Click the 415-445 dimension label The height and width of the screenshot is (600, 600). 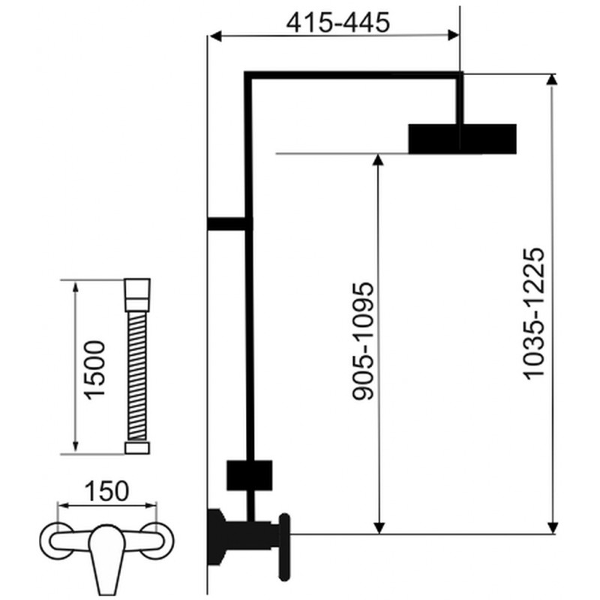pyautogui.click(x=338, y=22)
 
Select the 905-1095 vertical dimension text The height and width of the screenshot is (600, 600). pyautogui.click(x=362, y=341)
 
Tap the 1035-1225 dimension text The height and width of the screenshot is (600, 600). pyautogui.click(x=533, y=313)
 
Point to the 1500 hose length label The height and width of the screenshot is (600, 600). pyautogui.click(x=94, y=370)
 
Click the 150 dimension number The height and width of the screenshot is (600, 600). pyautogui.click(x=106, y=491)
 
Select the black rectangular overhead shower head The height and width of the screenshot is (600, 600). pyautogui.click(x=462, y=139)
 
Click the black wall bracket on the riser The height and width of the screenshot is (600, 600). pyautogui.click(x=229, y=223)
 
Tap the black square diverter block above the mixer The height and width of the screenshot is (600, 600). pyautogui.click(x=250, y=475)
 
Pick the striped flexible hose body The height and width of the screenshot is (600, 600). pyautogui.click(x=137, y=375)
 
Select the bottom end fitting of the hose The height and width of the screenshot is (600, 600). pyautogui.click(x=137, y=448)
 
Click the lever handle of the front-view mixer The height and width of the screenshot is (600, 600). pyautogui.click(x=106, y=559)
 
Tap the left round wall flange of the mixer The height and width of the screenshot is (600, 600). pyautogui.click(x=57, y=540)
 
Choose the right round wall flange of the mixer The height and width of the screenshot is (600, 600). pyautogui.click(x=157, y=540)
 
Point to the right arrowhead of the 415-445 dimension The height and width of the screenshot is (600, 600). pyautogui.click(x=454, y=35)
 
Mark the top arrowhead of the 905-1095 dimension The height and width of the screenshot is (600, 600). pyautogui.click(x=378, y=160)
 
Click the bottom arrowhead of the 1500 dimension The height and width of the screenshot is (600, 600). pyautogui.click(x=76, y=446)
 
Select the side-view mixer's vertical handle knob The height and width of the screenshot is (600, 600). pyautogui.click(x=284, y=547)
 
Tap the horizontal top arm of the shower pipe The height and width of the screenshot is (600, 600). pyautogui.click(x=353, y=75)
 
